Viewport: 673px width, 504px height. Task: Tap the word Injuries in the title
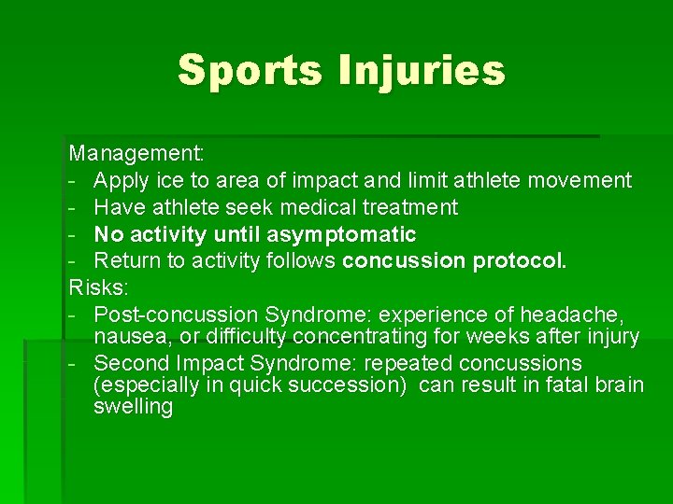[x=424, y=70]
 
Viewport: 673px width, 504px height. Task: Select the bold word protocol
[x=520, y=260]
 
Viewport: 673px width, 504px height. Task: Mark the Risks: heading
[x=96, y=287]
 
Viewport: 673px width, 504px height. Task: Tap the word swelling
[x=134, y=407]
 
